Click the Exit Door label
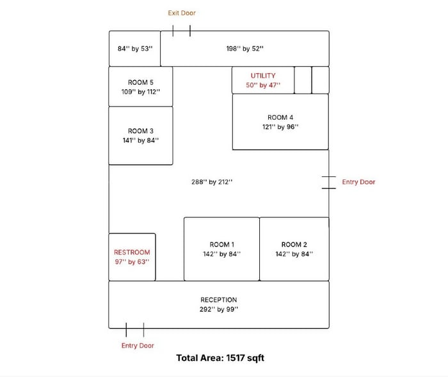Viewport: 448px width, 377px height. [x=182, y=13]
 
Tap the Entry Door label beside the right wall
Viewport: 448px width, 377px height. [x=358, y=182]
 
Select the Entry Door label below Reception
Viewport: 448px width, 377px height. [x=138, y=346]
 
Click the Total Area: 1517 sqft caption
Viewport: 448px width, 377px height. [x=220, y=358]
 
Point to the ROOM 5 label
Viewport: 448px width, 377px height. [x=141, y=83]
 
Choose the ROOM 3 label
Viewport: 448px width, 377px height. [x=141, y=131]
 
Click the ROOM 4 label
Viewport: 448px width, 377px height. [x=280, y=117]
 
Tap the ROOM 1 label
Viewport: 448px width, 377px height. [x=222, y=244]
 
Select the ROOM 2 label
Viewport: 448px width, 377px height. [x=294, y=244]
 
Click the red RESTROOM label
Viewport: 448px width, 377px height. [x=132, y=252]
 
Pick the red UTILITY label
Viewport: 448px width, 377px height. [x=263, y=76]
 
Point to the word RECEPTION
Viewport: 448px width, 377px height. [x=219, y=299]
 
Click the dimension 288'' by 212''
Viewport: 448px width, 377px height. [x=212, y=182]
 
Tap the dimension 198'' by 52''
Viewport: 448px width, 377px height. [x=245, y=49]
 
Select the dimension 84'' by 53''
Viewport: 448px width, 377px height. [x=135, y=49]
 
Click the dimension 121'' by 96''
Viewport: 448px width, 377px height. [x=280, y=127]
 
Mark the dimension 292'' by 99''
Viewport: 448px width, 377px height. [x=219, y=309]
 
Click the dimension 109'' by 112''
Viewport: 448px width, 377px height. [x=141, y=92]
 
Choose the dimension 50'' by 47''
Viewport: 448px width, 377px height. [x=263, y=85]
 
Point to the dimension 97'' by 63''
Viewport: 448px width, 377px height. [x=132, y=262]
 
